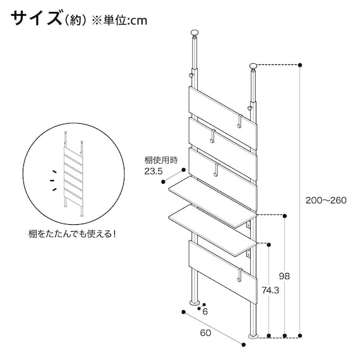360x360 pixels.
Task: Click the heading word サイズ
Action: coord(36,18)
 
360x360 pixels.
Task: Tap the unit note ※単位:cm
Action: coord(121,20)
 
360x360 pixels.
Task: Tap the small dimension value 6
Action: coord(207,311)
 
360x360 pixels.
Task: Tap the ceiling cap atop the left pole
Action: coord(195,33)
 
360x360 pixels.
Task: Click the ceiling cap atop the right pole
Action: coord(254,66)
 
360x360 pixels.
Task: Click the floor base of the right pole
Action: coord(254,336)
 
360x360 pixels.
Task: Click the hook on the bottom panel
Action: coord(241,275)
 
